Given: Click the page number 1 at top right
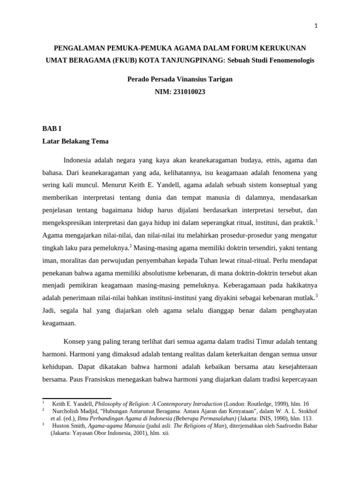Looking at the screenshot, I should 316,26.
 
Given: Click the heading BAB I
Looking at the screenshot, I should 52,128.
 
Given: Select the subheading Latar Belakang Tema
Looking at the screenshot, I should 75,141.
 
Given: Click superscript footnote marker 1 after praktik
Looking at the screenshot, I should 316,208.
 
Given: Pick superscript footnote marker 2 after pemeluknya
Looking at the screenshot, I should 131,233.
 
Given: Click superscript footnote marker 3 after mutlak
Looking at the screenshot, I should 316,296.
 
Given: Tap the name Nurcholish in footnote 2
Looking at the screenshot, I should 67,411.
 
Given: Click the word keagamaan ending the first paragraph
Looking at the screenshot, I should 59,323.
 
